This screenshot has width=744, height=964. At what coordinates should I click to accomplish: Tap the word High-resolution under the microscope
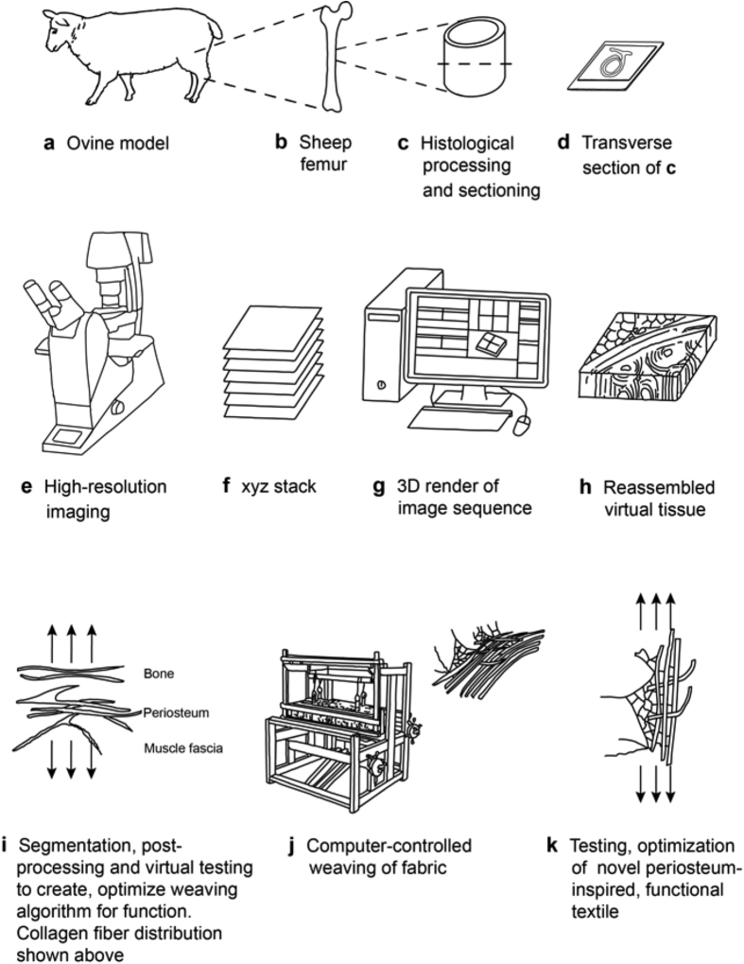pos(106,488)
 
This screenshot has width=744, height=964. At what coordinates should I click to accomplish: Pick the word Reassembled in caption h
pos(661,489)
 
